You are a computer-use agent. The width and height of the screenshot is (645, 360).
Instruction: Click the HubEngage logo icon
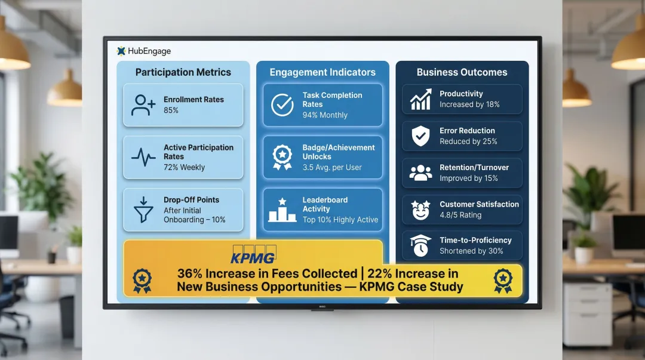121,51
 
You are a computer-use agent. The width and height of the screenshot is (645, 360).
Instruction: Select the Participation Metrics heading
183,72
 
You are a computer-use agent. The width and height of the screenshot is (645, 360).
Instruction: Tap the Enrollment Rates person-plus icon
143,105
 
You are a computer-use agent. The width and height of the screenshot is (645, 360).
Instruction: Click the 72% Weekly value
184,168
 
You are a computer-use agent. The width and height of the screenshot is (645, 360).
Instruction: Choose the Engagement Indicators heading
322,72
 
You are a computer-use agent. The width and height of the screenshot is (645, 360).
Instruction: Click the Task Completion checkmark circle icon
282,105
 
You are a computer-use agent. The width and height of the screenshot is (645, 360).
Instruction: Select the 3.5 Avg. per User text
332,168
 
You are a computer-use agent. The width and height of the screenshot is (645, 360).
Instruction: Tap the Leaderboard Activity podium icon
282,210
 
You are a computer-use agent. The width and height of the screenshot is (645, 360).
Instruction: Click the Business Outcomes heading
462,72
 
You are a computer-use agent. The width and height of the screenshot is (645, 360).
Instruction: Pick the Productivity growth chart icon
421,99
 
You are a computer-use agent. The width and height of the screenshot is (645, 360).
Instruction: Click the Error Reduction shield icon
421,136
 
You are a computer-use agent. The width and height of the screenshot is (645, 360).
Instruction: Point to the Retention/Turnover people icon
421,173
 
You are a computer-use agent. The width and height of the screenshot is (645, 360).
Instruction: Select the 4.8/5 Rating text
460,215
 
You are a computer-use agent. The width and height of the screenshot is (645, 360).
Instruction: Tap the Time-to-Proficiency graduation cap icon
420,245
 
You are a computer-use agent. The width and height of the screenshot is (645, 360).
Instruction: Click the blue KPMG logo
253,257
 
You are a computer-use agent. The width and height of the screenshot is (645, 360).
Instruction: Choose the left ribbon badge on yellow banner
142,280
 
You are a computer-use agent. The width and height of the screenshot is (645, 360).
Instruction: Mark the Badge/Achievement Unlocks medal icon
282,157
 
